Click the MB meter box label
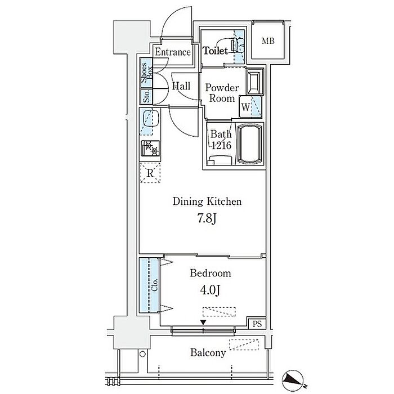[x=268, y=41]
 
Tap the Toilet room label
[x=216, y=51]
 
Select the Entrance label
[x=173, y=52]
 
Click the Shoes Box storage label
[x=146, y=73]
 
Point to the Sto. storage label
[x=146, y=96]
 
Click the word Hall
[x=181, y=86]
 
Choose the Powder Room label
[x=222, y=93]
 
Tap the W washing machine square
[x=246, y=107]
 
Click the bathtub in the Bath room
[x=249, y=144]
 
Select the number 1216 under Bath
[x=221, y=145]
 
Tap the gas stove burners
[x=150, y=148]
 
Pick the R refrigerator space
[x=150, y=173]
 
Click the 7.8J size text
[x=207, y=218]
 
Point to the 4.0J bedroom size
[x=210, y=290]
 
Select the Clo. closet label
[x=155, y=285]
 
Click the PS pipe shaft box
[x=257, y=324]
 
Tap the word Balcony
[x=208, y=353]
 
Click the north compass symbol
[x=293, y=379]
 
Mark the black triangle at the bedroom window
[x=203, y=323]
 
